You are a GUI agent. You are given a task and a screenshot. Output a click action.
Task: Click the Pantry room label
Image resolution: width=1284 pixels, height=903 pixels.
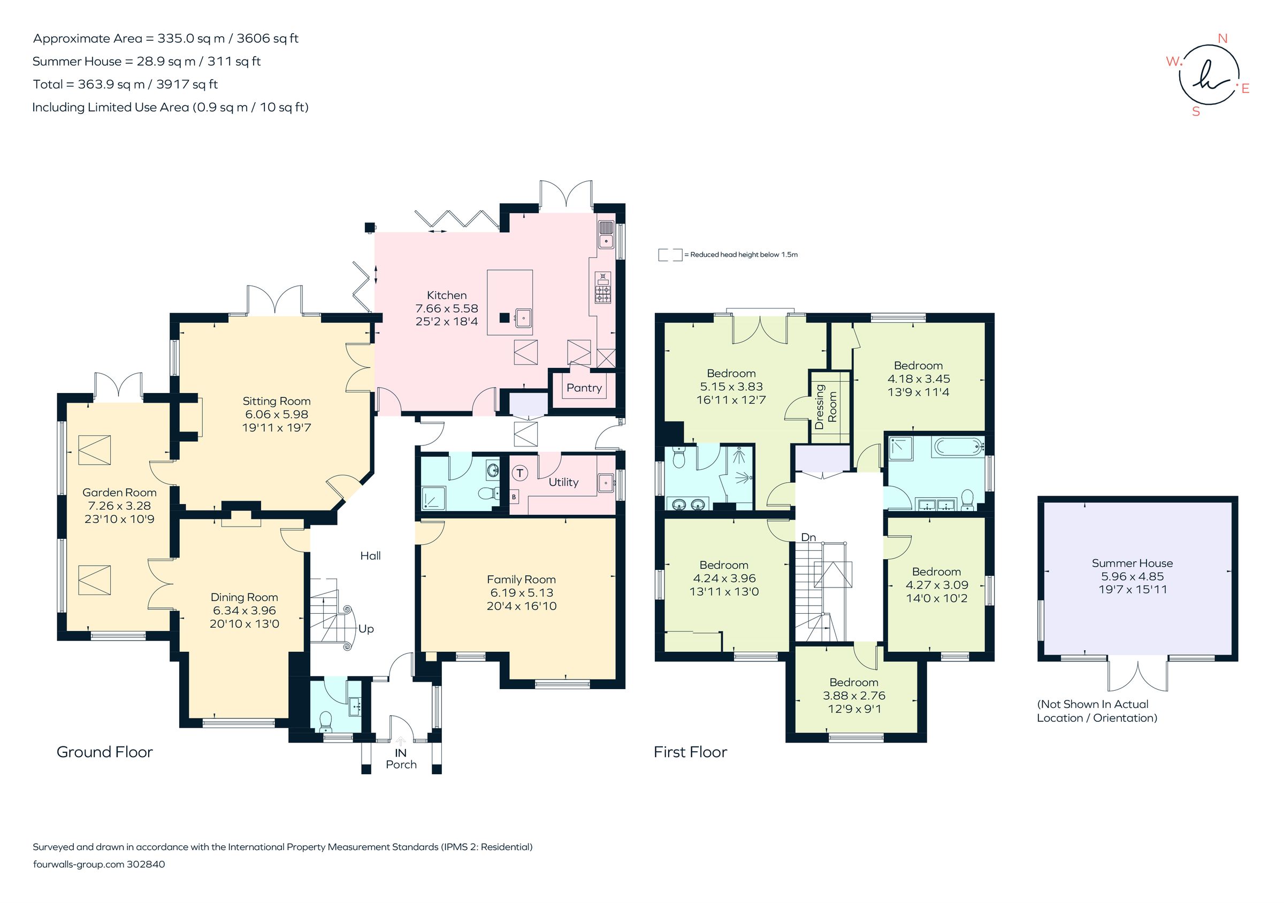584,388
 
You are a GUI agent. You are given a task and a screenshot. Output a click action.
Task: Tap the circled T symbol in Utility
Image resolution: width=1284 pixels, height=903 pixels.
520,473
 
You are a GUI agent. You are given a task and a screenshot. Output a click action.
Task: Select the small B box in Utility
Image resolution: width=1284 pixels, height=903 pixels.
514,497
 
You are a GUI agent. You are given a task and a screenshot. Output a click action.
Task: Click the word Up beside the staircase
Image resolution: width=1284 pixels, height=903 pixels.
366,629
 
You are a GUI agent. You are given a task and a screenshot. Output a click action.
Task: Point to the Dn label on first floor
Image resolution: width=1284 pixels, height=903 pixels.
808,537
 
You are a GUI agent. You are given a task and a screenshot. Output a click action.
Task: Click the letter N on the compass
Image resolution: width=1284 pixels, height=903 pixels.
1222,38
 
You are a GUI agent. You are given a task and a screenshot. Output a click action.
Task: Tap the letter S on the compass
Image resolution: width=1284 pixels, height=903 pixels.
1196,112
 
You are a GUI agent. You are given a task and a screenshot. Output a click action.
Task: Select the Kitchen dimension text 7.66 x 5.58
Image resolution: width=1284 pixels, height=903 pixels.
446,308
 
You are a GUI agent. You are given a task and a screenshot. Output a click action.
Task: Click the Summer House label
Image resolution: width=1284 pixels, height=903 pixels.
1132,564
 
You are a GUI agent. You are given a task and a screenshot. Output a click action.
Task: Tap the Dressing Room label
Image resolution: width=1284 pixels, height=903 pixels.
826,406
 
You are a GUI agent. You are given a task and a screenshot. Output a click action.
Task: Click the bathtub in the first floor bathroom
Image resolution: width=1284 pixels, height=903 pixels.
958,446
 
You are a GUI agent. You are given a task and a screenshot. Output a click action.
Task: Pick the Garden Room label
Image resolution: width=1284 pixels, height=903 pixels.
119,492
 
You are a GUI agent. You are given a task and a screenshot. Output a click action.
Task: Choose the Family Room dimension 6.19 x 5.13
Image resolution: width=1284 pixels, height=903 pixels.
521,592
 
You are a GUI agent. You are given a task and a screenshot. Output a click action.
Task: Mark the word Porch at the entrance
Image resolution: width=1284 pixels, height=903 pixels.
401,765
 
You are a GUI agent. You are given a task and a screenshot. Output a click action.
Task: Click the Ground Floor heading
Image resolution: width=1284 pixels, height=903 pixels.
104,752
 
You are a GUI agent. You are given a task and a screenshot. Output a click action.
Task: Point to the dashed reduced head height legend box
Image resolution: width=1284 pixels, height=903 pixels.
670,255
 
